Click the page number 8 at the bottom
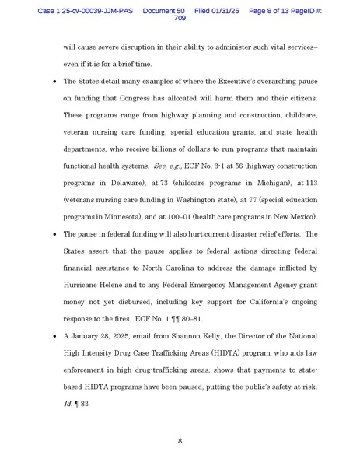(x=180, y=440)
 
